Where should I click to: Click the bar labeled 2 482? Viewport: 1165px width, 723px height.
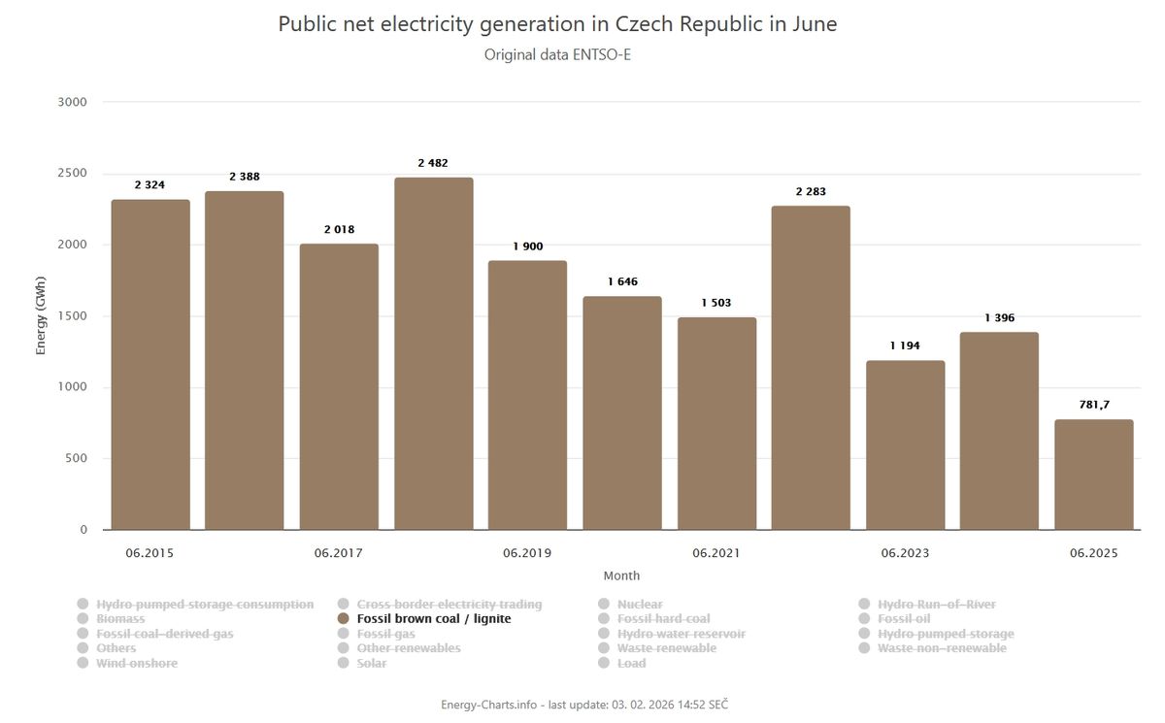tap(433, 353)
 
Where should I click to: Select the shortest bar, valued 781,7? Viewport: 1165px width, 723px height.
tap(1093, 475)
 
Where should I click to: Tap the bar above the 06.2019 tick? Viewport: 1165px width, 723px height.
tap(527, 395)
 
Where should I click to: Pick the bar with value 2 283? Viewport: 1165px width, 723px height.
tap(811, 368)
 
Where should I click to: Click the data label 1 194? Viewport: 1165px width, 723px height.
tap(905, 345)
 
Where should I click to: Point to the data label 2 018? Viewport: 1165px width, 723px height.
tap(339, 230)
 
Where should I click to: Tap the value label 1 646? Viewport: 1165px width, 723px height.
tap(622, 281)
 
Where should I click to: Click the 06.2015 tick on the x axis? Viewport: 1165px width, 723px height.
tap(150, 554)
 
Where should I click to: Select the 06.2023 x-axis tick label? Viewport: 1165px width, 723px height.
tap(905, 554)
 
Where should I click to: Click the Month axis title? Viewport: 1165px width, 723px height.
tap(621, 575)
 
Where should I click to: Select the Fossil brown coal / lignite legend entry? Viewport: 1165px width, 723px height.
tap(433, 619)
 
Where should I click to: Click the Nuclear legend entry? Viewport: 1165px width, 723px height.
tap(640, 605)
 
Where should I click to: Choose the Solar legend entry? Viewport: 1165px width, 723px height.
tap(371, 663)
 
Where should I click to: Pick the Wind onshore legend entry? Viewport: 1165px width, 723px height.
tap(137, 663)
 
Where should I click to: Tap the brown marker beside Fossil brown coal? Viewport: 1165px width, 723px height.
tap(343, 619)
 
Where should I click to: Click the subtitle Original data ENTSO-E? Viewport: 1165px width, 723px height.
tap(558, 54)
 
